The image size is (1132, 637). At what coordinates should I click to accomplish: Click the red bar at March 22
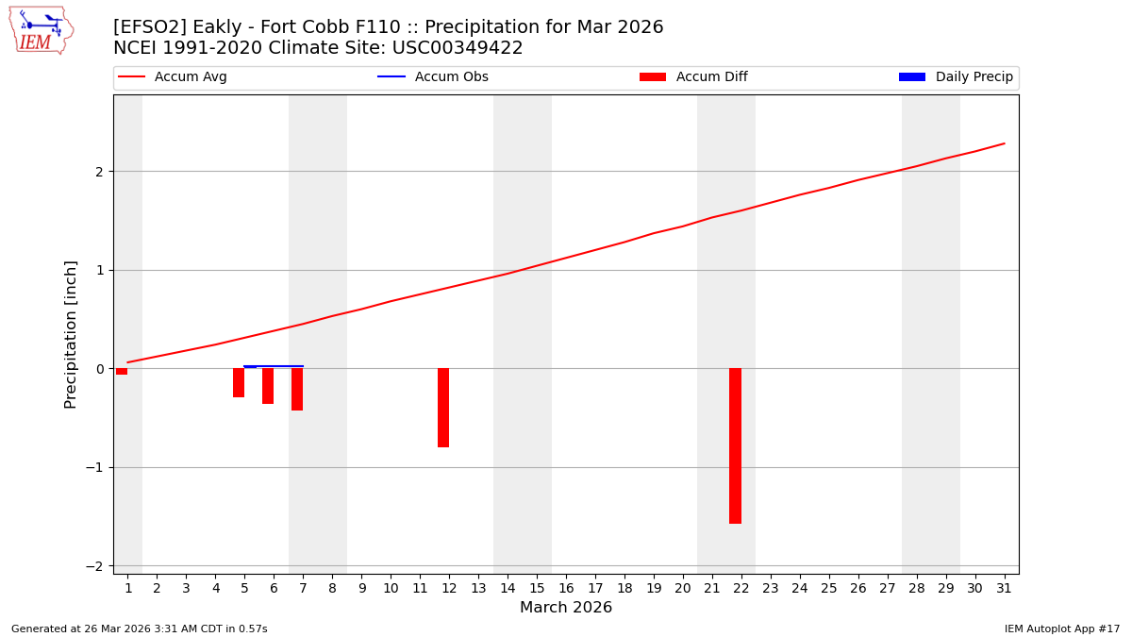(735, 445)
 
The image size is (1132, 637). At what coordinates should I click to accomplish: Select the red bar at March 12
(443, 408)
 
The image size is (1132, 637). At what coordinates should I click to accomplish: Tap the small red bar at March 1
(122, 372)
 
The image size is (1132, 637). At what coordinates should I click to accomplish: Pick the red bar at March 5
(239, 383)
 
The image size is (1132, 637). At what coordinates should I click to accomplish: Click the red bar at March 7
(297, 390)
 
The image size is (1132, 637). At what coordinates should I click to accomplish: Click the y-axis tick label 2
(98, 172)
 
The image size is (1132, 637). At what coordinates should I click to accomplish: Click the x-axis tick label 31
(1004, 588)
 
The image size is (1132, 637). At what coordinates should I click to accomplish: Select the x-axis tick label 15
(537, 588)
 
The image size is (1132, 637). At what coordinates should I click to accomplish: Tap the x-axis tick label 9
(361, 588)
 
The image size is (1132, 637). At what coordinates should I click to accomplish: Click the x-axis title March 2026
(566, 608)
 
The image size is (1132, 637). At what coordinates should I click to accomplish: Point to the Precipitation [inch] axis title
(71, 334)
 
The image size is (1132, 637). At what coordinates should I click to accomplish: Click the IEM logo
(41, 30)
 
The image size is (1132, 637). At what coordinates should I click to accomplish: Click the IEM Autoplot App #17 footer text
(1061, 629)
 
